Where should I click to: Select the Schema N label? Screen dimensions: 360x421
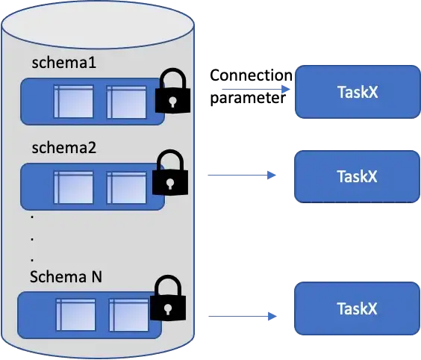click(x=66, y=277)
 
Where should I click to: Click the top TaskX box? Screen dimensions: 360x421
click(x=357, y=92)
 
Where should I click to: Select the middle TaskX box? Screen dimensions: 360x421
click(x=356, y=176)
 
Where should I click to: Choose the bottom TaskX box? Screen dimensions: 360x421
click(x=356, y=308)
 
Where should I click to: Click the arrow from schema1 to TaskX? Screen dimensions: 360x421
click(x=255, y=89)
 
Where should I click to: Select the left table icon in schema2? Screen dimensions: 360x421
click(x=73, y=186)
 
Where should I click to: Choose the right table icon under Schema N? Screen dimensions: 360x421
click(x=126, y=314)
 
